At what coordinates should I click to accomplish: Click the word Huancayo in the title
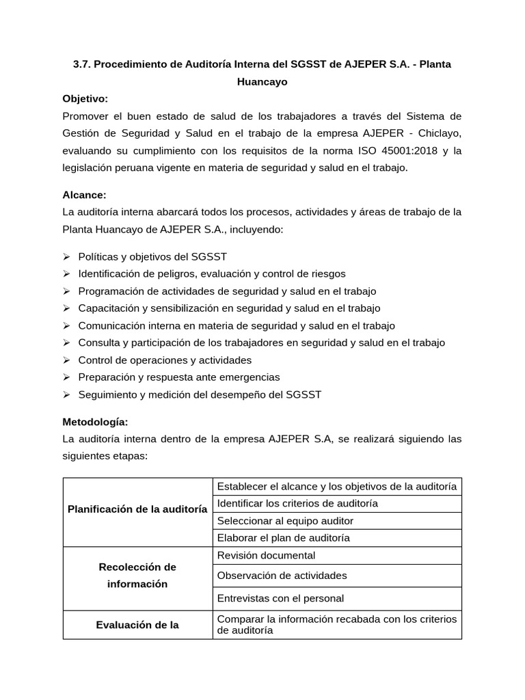click(262, 81)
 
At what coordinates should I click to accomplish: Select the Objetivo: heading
click(85, 98)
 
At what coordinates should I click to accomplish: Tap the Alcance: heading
click(84, 195)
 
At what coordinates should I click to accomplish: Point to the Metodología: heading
click(95, 422)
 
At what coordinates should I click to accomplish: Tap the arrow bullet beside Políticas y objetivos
click(67, 256)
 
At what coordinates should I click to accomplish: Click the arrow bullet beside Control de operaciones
click(67, 360)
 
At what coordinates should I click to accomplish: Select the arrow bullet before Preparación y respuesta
click(67, 377)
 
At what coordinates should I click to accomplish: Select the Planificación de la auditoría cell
click(137, 509)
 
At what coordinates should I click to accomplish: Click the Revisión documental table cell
click(266, 555)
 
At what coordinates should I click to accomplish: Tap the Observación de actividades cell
click(282, 576)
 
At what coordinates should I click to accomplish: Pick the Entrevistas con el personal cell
click(280, 598)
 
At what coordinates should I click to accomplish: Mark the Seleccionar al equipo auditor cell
click(285, 521)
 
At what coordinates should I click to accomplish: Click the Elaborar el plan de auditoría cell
click(283, 538)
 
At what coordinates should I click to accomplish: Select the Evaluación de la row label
click(137, 625)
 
